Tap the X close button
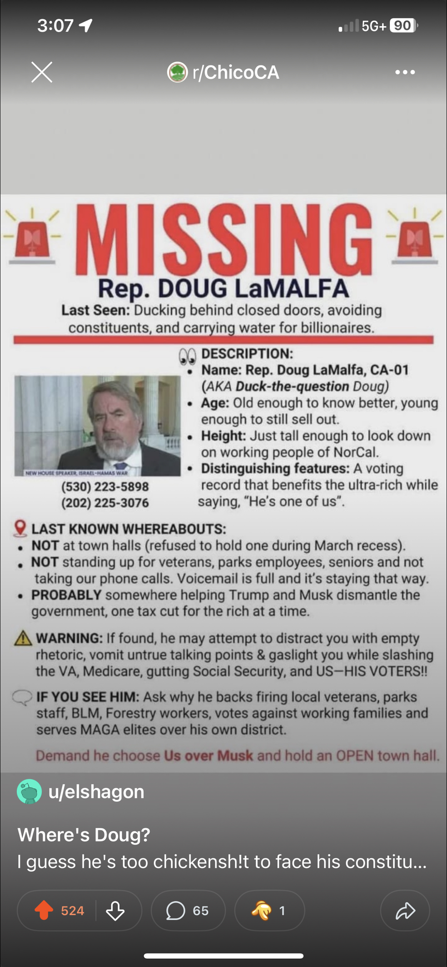point(42,73)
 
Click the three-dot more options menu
point(405,73)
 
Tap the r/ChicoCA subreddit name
point(236,73)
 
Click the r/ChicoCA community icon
point(177,73)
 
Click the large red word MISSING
point(223,240)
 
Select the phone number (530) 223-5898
point(105,486)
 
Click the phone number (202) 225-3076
point(105,503)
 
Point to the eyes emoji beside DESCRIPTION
point(187,356)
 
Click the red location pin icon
point(20,528)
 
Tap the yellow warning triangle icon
point(23,639)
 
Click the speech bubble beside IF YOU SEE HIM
point(22,698)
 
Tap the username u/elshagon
point(96,792)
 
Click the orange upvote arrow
point(44,910)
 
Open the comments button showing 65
point(188,910)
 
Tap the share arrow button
point(405,910)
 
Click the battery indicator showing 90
point(402,26)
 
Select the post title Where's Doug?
point(84,835)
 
